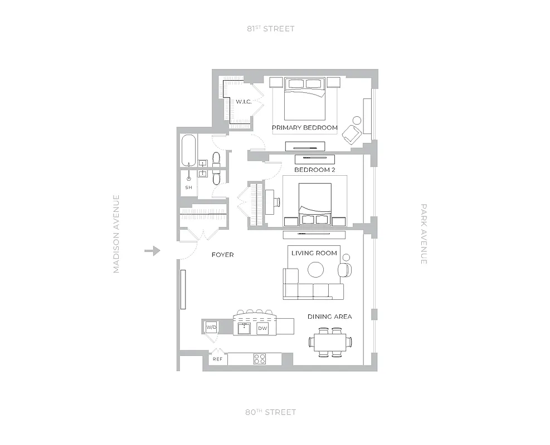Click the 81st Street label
(271, 28)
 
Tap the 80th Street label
(271, 412)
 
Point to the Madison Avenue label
(116, 234)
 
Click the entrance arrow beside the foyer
(152, 251)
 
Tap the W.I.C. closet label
(244, 102)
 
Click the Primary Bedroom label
(305, 128)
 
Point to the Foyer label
(223, 255)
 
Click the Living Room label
(314, 253)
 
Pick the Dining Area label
(330, 317)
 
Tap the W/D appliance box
(211, 328)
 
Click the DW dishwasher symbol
(262, 329)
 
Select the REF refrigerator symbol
(217, 359)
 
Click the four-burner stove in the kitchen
(260, 359)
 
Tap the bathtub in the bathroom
(189, 150)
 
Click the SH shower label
(188, 187)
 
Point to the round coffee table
(316, 270)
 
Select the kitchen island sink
(244, 328)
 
